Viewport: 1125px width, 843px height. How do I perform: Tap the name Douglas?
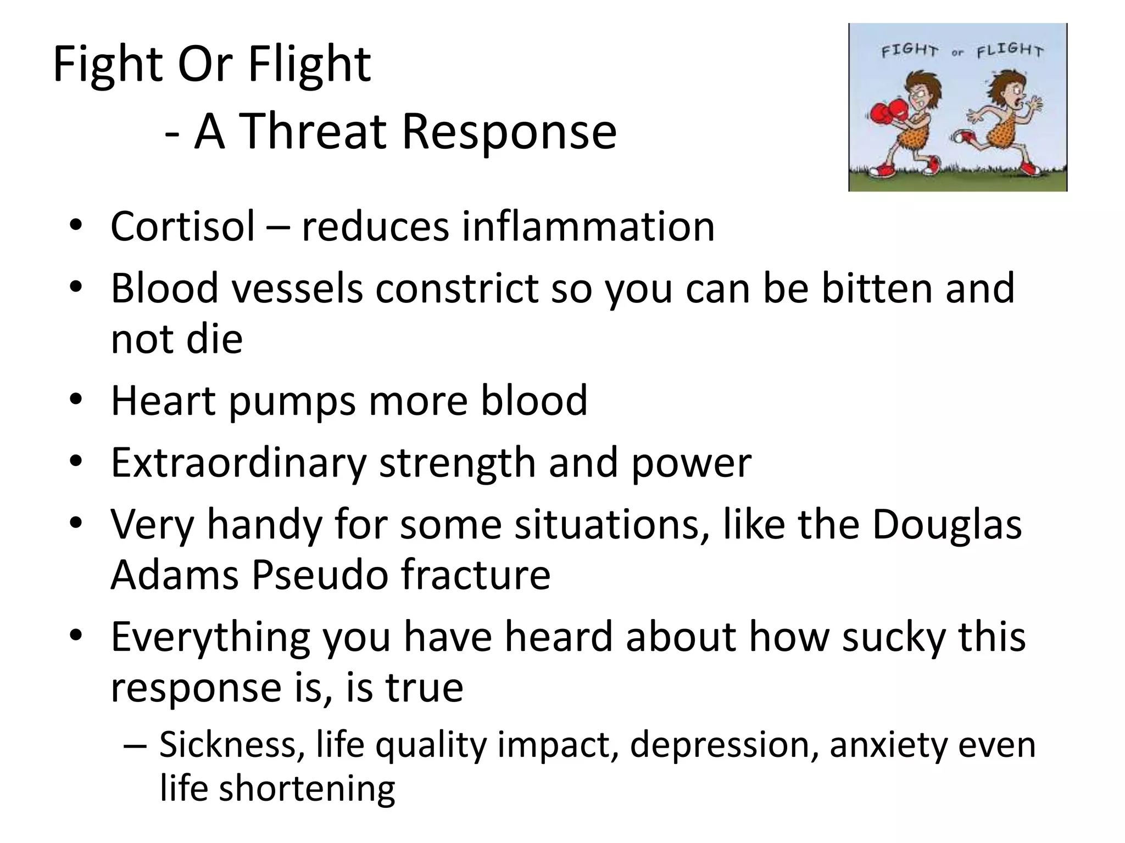tap(946, 525)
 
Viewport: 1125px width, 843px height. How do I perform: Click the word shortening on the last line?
tap(307, 788)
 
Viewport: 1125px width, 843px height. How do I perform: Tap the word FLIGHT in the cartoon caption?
tap(1010, 51)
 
